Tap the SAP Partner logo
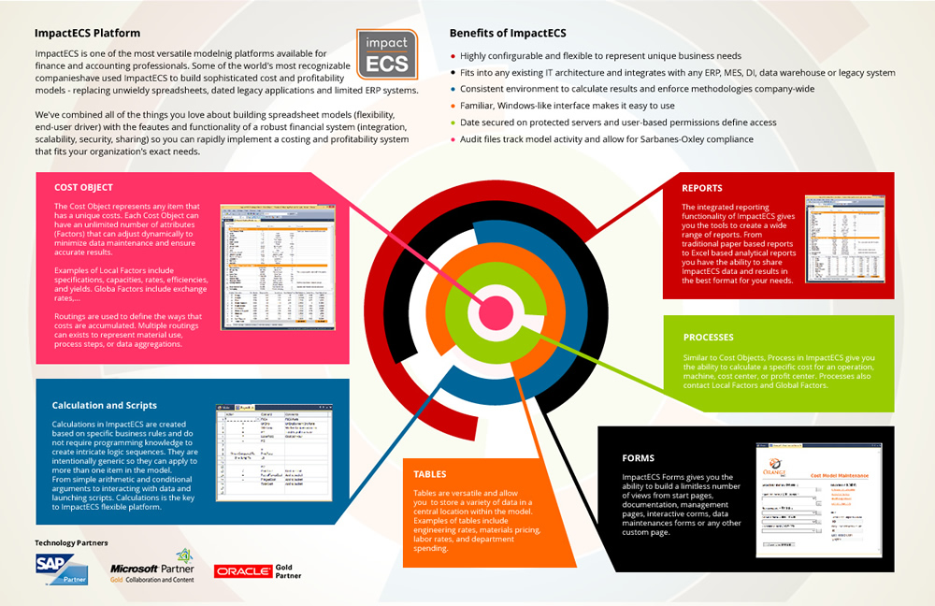(61, 569)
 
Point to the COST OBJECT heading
(85, 187)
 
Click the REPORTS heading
(701, 188)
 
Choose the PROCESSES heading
(708, 337)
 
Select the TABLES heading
(429, 474)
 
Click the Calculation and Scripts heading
(105, 405)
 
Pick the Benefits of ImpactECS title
(516, 33)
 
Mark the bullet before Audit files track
(453, 138)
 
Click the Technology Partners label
(71, 542)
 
